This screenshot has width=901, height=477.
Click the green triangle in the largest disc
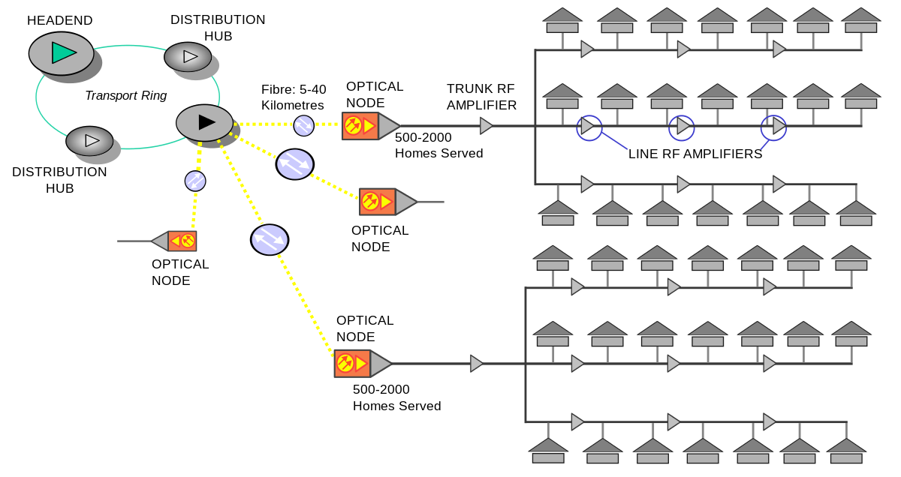click(x=63, y=52)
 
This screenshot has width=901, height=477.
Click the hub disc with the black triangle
click(x=205, y=122)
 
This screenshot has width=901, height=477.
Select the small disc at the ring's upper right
click(x=188, y=57)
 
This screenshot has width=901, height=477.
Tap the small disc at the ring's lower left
click(x=90, y=141)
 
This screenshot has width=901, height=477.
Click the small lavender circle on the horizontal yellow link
click(x=303, y=125)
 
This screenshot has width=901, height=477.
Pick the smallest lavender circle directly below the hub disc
click(x=195, y=181)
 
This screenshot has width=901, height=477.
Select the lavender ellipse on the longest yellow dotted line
click(x=270, y=239)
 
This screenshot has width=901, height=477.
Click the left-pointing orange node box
click(x=182, y=241)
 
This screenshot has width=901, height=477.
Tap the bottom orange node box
click(x=352, y=364)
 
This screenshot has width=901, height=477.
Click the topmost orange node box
click(x=360, y=126)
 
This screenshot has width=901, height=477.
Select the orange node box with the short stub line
click(x=378, y=202)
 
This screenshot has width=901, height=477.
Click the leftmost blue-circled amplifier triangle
click(x=588, y=127)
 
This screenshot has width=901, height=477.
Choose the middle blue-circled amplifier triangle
click(x=682, y=127)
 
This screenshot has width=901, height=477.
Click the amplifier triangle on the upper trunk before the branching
click(x=486, y=126)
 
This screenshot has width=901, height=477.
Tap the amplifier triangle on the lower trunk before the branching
click(x=476, y=364)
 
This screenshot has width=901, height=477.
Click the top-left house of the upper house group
click(x=562, y=21)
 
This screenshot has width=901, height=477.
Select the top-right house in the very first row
click(x=860, y=21)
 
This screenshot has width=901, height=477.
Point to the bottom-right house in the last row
click(x=846, y=451)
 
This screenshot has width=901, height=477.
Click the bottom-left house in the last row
click(x=548, y=451)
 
